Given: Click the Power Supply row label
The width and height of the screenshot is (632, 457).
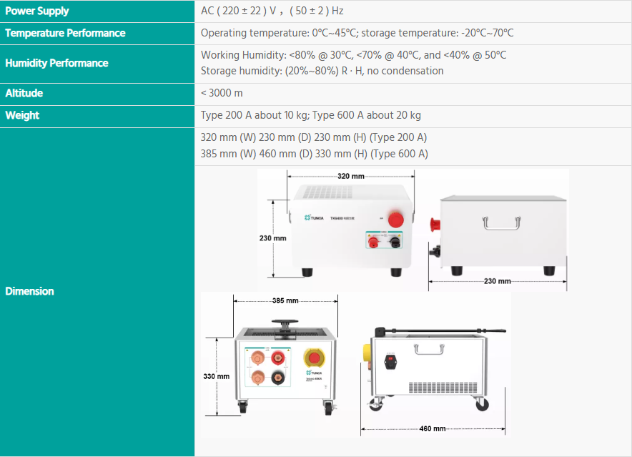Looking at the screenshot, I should pyautogui.click(x=37, y=11).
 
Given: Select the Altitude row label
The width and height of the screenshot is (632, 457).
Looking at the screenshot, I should pyautogui.click(x=24, y=93).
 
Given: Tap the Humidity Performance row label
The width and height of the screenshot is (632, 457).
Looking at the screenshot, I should pyautogui.click(x=56, y=63).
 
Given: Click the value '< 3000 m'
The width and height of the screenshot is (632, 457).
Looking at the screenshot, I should pyautogui.click(x=222, y=93).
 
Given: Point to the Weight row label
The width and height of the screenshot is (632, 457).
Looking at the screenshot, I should pyautogui.click(x=22, y=115).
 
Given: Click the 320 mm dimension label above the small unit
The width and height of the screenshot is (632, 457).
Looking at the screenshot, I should pyautogui.click(x=350, y=176).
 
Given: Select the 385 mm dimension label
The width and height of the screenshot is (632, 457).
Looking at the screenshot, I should pyautogui.click(x=285, y=300).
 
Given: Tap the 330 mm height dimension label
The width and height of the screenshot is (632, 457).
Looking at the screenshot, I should pyautogui.click(x=217, y=376).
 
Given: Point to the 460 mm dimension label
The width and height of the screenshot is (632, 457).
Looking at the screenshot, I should pyautogui.click(x=433, y=428).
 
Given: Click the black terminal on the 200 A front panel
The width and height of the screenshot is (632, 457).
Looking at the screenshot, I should pyautogui.click(x=393, y=243).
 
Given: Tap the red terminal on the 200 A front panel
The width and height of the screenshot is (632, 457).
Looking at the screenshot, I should pyautogui.click(x=372, y=243).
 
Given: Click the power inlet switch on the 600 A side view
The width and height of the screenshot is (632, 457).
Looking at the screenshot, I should pyautogui.click(x=390, y=360).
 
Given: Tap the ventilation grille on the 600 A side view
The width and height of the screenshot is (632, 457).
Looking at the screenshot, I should pyautogui.click(x=443, y=387).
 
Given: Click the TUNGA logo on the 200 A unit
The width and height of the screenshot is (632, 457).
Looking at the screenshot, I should pyautogui.click(x=314, y=217).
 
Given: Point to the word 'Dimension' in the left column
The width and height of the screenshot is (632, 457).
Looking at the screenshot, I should pyautogui.click(x=29, y=291).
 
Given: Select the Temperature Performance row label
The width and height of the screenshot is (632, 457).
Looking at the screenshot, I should pyautogui.click(x=65, y=33).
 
